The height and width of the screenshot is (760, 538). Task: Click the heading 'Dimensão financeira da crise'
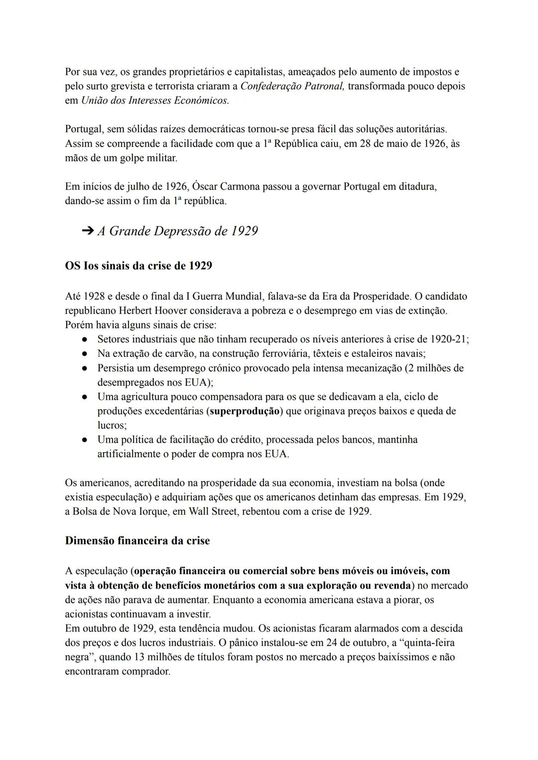point(137,541)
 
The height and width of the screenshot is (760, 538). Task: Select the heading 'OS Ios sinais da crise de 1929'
point(138,266)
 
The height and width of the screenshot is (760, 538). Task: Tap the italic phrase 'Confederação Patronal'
point(292,86)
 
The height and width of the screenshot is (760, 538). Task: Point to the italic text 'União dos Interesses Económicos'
point(155,100)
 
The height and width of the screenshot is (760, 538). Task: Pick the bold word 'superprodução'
point(245,412)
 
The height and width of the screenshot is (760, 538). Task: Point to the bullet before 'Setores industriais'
point(85,340)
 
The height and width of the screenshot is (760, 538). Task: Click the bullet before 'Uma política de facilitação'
point(85,440)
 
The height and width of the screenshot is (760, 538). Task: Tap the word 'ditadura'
point(417,187)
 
